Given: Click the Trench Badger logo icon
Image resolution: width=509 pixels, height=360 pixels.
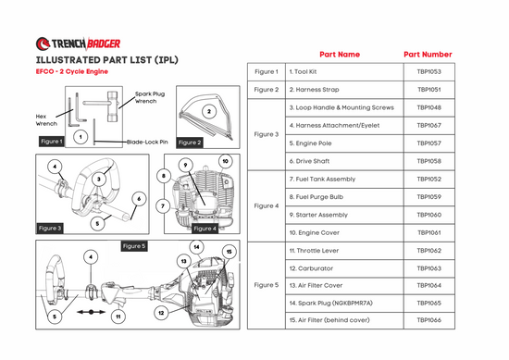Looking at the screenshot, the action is [x=43, y=43].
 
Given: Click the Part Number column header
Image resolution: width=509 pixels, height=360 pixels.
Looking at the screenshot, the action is [x=428, y=55].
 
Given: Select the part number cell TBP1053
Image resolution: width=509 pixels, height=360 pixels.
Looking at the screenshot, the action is [x=429, y=72].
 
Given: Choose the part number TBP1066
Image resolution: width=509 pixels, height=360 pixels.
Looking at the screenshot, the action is [x=429, y=320].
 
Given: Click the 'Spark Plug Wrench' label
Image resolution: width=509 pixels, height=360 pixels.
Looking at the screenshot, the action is [x=150, y=97].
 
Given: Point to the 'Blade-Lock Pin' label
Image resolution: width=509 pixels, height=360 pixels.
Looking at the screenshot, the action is [x=147, y=142].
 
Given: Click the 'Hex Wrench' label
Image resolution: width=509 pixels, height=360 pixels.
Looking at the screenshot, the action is [x=46, y=119].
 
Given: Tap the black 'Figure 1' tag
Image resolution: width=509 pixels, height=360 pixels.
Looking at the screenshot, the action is [x=51, y=142].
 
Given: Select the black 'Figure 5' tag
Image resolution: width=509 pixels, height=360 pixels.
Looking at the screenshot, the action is [x=134, y=246].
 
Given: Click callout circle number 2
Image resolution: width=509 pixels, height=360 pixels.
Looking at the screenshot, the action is [x=209, y=112].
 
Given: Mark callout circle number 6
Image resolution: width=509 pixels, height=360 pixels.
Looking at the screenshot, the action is [x=139, y=199].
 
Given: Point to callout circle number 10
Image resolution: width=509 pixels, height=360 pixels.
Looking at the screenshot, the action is [x=225, y=161].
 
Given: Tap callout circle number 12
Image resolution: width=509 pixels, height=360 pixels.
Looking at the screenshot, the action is [x=161, y=313].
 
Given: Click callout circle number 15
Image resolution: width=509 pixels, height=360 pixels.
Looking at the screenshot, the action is [x=230, y=252].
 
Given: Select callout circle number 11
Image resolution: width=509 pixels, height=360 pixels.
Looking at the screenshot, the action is [x=118, y=317].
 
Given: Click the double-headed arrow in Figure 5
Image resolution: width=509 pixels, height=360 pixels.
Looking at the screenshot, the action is [x=92, y=312].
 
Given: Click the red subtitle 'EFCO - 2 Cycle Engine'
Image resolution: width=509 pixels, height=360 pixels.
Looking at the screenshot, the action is [x=72, y=72].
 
